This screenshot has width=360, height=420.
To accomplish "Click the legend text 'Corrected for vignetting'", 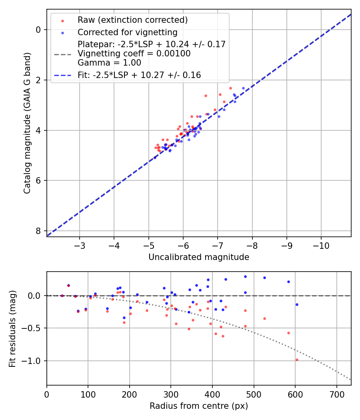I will click(127, 32).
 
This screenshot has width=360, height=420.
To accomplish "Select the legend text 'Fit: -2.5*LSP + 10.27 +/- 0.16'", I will click(139, 75).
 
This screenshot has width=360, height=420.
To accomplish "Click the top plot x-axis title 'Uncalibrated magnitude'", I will click(199, 257).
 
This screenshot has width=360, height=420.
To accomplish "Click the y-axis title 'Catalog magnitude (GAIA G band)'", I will click(27, 123).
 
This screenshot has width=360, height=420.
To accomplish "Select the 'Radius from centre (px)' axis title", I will click(199, 406).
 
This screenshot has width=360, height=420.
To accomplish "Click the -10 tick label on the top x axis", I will click(321, 245).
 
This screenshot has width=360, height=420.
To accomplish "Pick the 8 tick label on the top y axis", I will click(38, 231).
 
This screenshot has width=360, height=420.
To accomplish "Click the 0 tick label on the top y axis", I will click(38, 30).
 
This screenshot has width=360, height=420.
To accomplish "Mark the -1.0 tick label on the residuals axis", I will click(34, 361).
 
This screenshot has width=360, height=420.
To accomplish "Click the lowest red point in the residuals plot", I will click(297, 360).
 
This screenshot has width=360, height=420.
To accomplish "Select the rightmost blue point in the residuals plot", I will click(297, 304).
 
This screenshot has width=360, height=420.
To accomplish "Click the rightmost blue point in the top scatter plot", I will click(243, 88).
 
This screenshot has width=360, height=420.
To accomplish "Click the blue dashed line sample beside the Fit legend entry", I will click(62, 75).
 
